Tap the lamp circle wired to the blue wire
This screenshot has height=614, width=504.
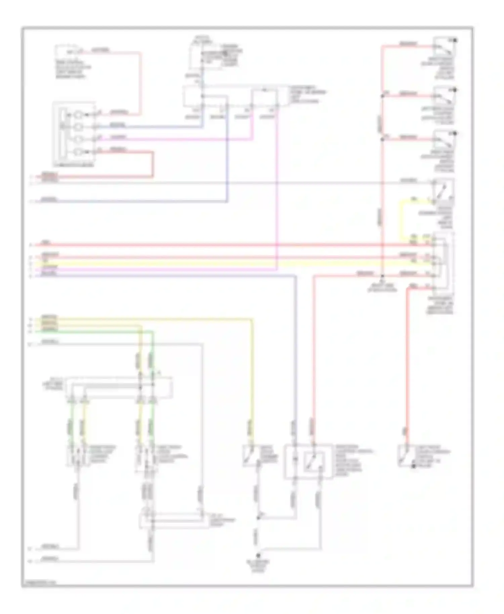(78, 127)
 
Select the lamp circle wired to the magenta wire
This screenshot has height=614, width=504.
(78, 139)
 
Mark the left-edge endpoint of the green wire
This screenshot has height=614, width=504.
(36, 332)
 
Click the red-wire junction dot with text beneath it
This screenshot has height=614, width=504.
(382, 275)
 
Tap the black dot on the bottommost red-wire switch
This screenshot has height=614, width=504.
(414, 467)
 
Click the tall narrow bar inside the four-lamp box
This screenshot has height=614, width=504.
(63, 133)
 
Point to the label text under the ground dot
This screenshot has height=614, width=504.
(258, 566)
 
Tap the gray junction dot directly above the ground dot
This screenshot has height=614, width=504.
(258, 518)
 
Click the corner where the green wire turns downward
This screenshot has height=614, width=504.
(153, 332)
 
